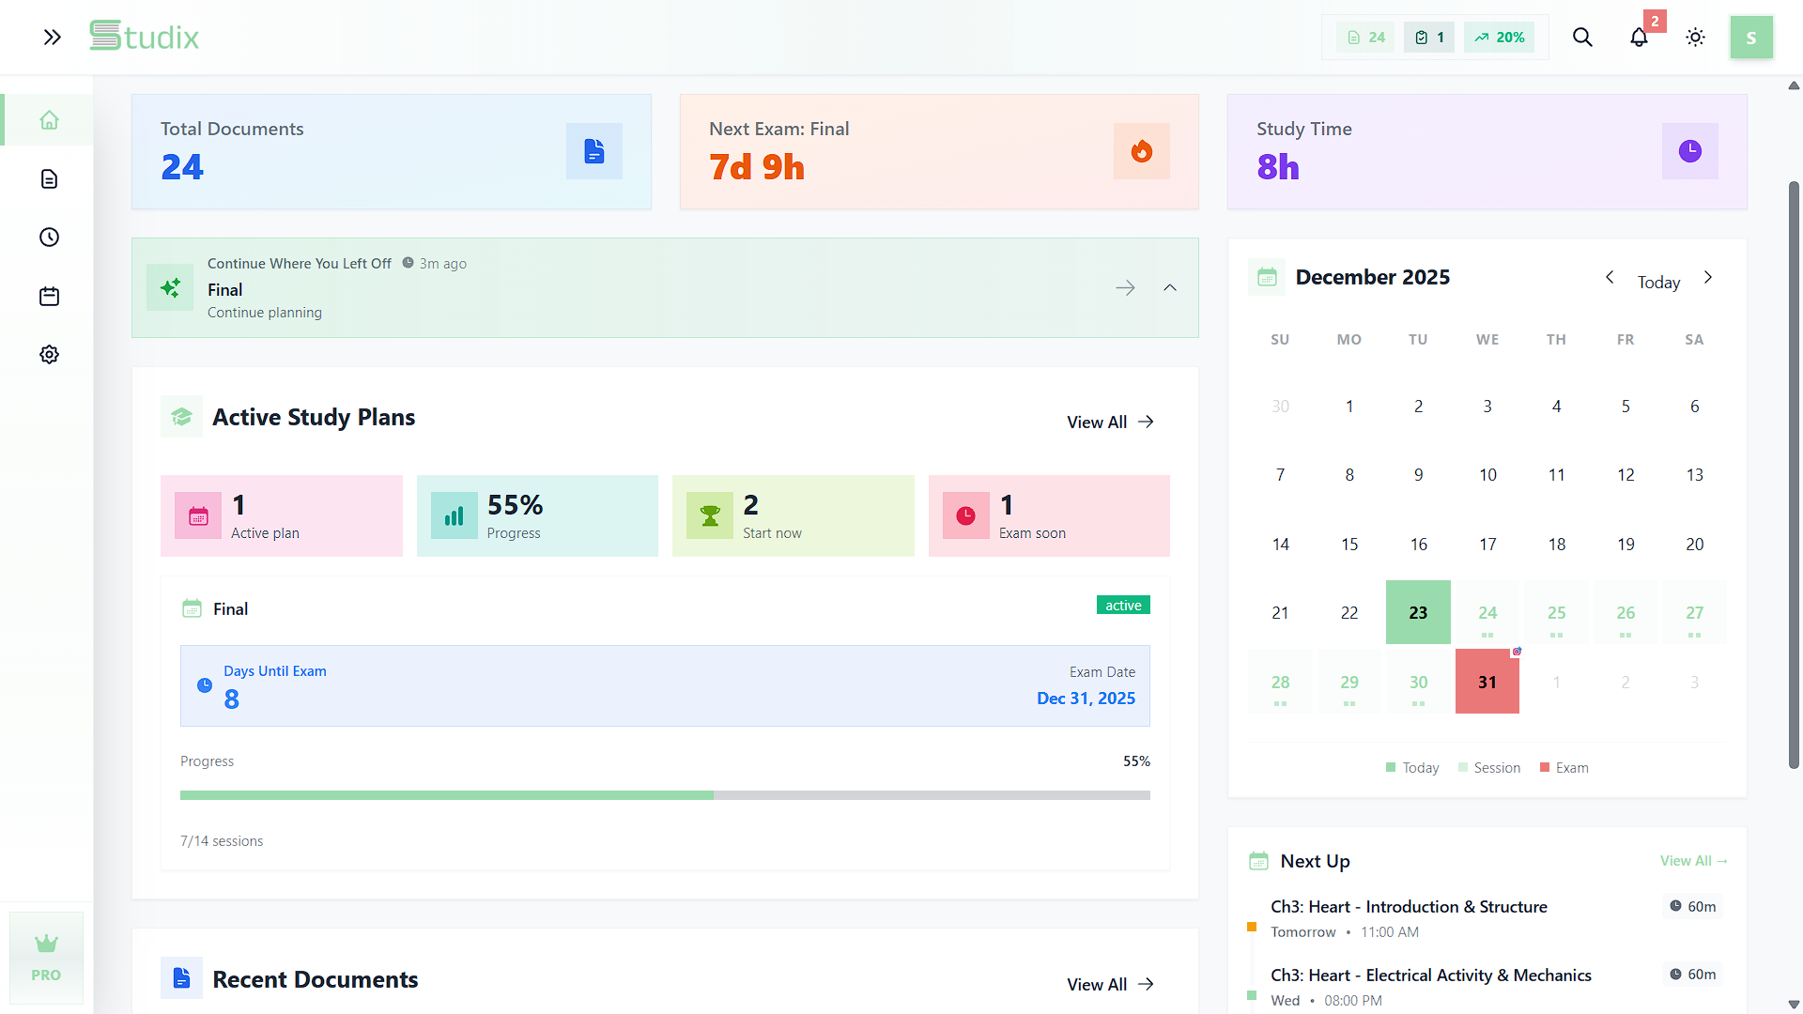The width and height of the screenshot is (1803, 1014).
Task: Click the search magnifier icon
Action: pyautogui.click(x=1582, y=38)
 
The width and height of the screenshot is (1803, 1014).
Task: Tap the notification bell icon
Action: pyautogui.click(x=1639, y=38)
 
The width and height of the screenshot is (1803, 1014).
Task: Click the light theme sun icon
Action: pyautogui.click(x=1695, y=38)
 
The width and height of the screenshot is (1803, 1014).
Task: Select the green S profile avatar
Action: pyautogui.click(x=1751, y=38)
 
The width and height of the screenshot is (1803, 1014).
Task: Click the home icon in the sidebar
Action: pyautogui.click(x=50, y=120)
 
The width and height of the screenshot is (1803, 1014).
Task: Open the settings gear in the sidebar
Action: pyautogui.click(x=50, y=354)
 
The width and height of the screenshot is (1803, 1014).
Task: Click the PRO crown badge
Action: pyautogui.click(x=46, y=958)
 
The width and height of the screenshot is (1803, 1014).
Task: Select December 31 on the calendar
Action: pyautogui.click(x=1487, y=682)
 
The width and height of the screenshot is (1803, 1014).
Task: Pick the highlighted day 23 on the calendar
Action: pyautogui.click(x=1418, y=612)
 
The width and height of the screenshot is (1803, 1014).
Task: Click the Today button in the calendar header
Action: pyautogui.click(x=1658, y=282)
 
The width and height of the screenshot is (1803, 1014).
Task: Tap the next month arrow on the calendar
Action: pyautogui.click(x=1708, y=277)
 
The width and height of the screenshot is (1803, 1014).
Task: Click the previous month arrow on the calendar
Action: pyautogui.click(x=1610, y=277)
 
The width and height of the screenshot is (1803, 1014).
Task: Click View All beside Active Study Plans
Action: pyautogui.click(x=1110, y=422)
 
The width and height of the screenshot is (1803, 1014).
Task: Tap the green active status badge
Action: pyautogui.click(x=1123, y=606)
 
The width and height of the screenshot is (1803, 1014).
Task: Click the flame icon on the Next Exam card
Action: pyautogui.click(x=1142, y=151)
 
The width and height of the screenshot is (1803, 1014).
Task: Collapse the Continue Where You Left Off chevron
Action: pyautogui.click(x=1170, y=287)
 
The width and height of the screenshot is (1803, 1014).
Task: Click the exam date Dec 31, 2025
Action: pyautogui.click(x=1086, y=699)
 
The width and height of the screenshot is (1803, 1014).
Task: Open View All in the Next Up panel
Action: pyautogui.click(x=1693, y=861)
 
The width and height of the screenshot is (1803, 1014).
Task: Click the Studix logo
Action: pyautogui.click(x=144, y=37)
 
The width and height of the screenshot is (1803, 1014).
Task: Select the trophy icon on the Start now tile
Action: pyautogui.click(x=710, y=515)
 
